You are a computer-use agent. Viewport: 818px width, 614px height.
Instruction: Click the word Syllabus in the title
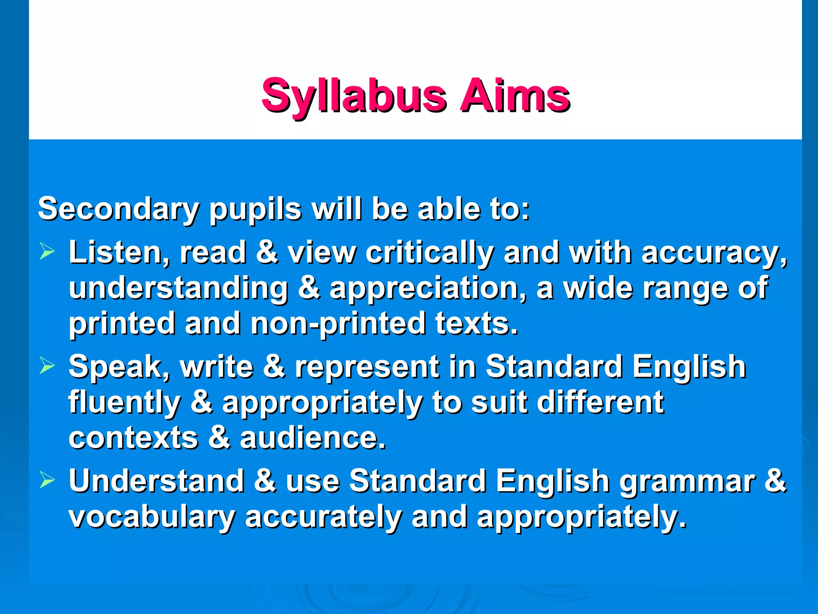[353, 96]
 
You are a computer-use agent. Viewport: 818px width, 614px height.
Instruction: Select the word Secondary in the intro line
[118, 209]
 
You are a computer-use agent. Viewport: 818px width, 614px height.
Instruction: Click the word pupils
[255, 209]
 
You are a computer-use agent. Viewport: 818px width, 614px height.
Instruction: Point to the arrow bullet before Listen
[47, 252]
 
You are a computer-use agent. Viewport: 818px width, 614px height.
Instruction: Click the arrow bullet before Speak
[47, 366]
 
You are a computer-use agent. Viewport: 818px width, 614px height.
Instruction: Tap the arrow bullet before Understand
[47, 480]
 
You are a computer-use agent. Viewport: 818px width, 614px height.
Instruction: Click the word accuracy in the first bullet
[713, 253]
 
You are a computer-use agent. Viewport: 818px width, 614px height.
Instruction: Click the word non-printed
[338, 323]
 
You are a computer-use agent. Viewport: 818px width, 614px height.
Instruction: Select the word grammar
[687, 481]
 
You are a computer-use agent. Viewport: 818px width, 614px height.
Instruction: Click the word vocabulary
[152, 517]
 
